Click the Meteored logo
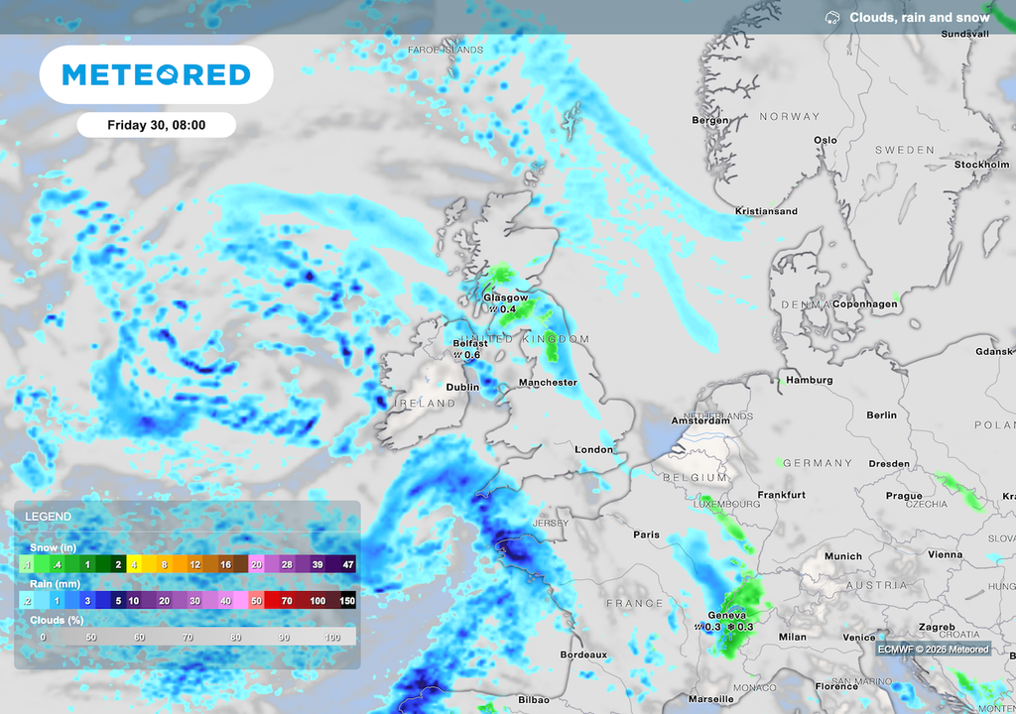(x=156, y=74)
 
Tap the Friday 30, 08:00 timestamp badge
(x=156, y=125)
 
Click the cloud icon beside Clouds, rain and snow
(x=832, y=18)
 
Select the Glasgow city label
(x=505, y=297)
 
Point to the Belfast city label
(x=470, y=343)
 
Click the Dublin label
(x=462, y=388)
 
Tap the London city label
(x=594, y=450)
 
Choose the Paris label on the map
(x=646, y=535)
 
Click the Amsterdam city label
(x=700, y=420)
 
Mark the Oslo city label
(x=825, y=141)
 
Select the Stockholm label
(x=981, y=165)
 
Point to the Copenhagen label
(x=865, y=304)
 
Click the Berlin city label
(x=881, y=416)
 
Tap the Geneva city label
(x=725, y=615)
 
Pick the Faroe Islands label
(x=445, y=50)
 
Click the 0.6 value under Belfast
(x=471, y=355)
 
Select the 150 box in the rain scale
(x=347, y=601)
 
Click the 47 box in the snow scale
(x=347, y=564)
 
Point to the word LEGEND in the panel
(x=48, y=517)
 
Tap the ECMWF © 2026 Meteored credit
(x=933, y=650)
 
